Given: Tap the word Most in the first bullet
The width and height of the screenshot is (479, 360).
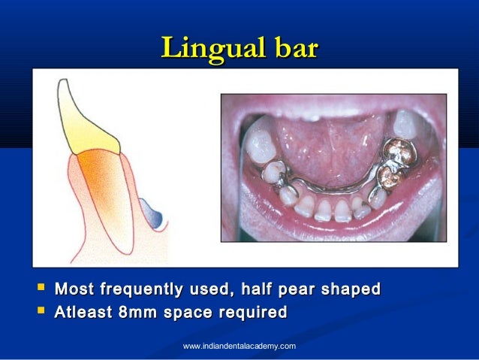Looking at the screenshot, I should (x=76, y=289).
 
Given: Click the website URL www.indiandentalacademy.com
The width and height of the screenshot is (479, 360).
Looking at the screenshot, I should (x=239, y=346).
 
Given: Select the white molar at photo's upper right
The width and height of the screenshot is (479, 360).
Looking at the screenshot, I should (x=406, y=123).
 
